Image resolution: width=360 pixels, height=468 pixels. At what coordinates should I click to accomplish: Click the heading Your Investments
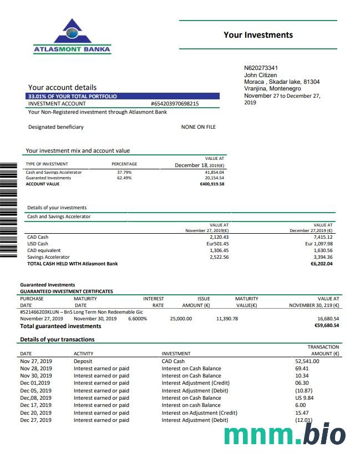point(258,35)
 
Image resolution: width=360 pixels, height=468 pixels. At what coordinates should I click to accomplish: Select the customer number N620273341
point(261,68)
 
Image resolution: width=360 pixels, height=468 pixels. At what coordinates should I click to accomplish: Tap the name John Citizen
point(260,75)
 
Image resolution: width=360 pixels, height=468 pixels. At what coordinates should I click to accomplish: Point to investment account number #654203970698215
point(175,104)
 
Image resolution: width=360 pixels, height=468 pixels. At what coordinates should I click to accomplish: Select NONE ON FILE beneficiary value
point(198,127)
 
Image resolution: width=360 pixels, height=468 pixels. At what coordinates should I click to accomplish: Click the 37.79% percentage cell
point(124,172)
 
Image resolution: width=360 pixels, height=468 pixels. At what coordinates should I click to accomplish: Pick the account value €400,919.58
point(212,184)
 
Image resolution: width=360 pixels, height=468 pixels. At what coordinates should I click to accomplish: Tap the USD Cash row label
point(38,244)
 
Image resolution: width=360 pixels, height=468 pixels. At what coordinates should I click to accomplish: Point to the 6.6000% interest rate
point(138,319)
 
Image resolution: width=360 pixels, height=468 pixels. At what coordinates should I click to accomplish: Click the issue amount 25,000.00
point(181,319)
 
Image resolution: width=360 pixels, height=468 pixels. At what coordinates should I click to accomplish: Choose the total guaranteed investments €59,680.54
point(326,326)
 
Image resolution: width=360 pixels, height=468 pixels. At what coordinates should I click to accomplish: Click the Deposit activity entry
point(83,361)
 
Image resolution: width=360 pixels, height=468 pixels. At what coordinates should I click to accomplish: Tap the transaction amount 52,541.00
point(307,361)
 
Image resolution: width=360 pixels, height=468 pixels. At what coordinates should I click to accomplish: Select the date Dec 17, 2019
point(36,405)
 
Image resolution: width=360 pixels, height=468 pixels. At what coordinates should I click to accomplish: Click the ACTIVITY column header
point(83,354)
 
